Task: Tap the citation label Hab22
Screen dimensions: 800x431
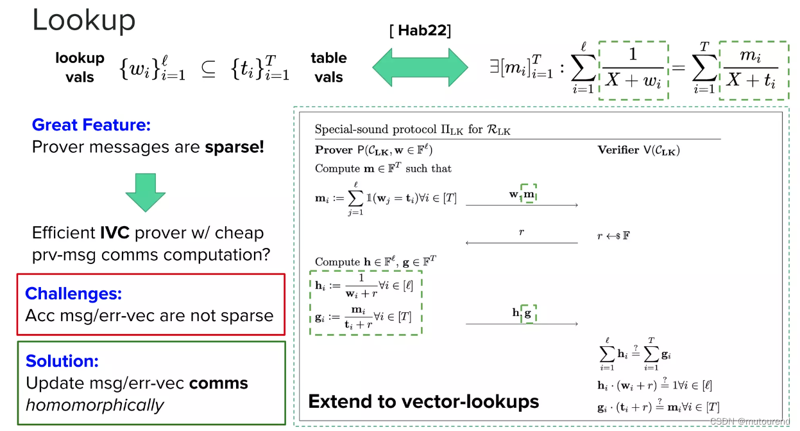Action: [420, 31]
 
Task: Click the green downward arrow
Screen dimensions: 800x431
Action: [145, 192]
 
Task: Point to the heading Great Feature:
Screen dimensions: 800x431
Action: [91, 125]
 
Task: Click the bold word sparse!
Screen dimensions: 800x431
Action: [234, 147]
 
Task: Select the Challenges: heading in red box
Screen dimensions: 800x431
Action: [73, 294]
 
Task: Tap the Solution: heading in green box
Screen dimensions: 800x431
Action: [62, 361]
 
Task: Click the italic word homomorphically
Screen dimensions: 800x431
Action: [94, 405]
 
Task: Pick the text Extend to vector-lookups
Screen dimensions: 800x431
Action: [423, 401]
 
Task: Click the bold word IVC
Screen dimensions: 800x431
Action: [117, 233]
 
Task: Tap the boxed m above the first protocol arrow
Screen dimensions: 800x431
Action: [529, 194]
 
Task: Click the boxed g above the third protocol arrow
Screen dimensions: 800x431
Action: [528, 313]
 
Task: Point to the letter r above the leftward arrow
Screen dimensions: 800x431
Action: [522, 232]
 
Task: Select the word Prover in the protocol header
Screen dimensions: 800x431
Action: [334, 150]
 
